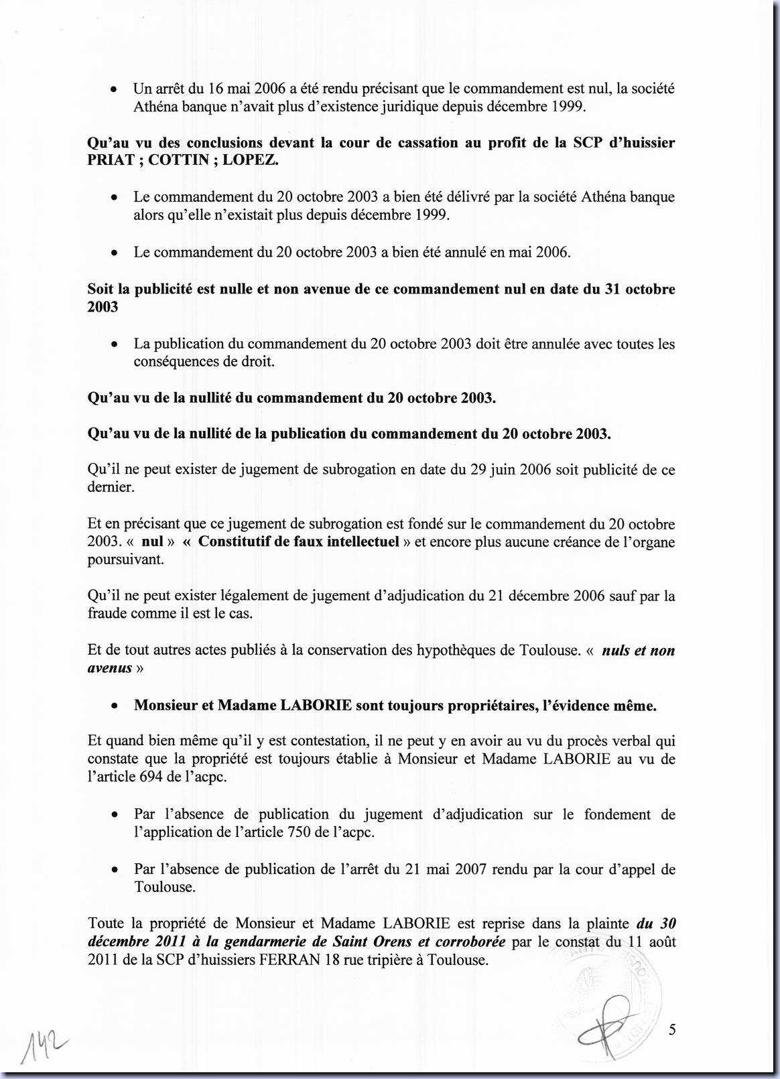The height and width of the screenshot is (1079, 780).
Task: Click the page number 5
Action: click(x=672, y=1029)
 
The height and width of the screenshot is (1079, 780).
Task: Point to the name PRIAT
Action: click(x=111, y=161)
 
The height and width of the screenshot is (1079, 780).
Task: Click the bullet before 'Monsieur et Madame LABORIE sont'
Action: click(x=115, y=706)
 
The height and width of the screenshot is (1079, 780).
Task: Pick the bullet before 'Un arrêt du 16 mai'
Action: click(x=115, y=89)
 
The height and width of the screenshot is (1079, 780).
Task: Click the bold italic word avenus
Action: click(x=110, y=668)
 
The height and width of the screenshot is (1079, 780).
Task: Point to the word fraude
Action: click(x=109, y=613)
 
